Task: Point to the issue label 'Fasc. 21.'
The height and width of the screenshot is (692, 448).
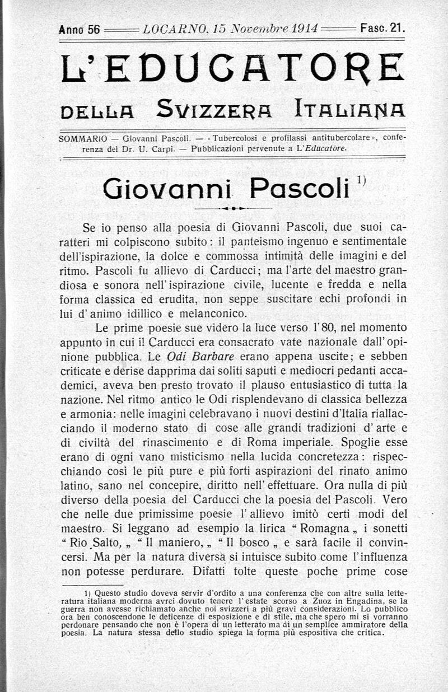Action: [383, 27]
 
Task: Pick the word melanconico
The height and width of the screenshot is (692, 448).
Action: [214, 313]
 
